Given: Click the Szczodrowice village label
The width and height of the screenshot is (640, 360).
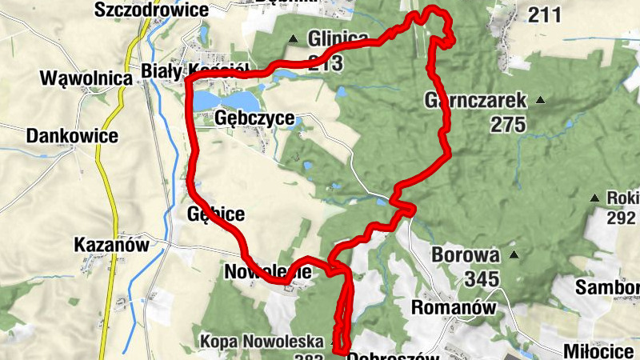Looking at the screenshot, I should point(150,10).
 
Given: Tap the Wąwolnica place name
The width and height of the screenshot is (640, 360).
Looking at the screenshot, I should point(85,78).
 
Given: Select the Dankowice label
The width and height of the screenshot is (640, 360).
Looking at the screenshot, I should point(72,136).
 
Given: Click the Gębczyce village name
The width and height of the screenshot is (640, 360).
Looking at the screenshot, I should point(255,119).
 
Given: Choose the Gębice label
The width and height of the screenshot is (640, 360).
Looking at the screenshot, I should point(214,214).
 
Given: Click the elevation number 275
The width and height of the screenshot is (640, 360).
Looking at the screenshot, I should point(508,125).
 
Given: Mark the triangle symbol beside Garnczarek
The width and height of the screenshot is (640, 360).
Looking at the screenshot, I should point(540,101).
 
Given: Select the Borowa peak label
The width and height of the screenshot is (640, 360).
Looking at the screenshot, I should point(465,256).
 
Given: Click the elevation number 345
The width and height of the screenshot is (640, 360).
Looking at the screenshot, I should point(481,279).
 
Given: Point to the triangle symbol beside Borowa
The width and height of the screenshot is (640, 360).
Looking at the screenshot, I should point(514,256).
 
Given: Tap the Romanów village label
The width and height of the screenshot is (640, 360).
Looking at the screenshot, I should point(453,306).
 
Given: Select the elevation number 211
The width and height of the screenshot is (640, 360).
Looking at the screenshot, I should point(545,14).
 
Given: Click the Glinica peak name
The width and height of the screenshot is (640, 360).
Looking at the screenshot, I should point(338,38).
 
